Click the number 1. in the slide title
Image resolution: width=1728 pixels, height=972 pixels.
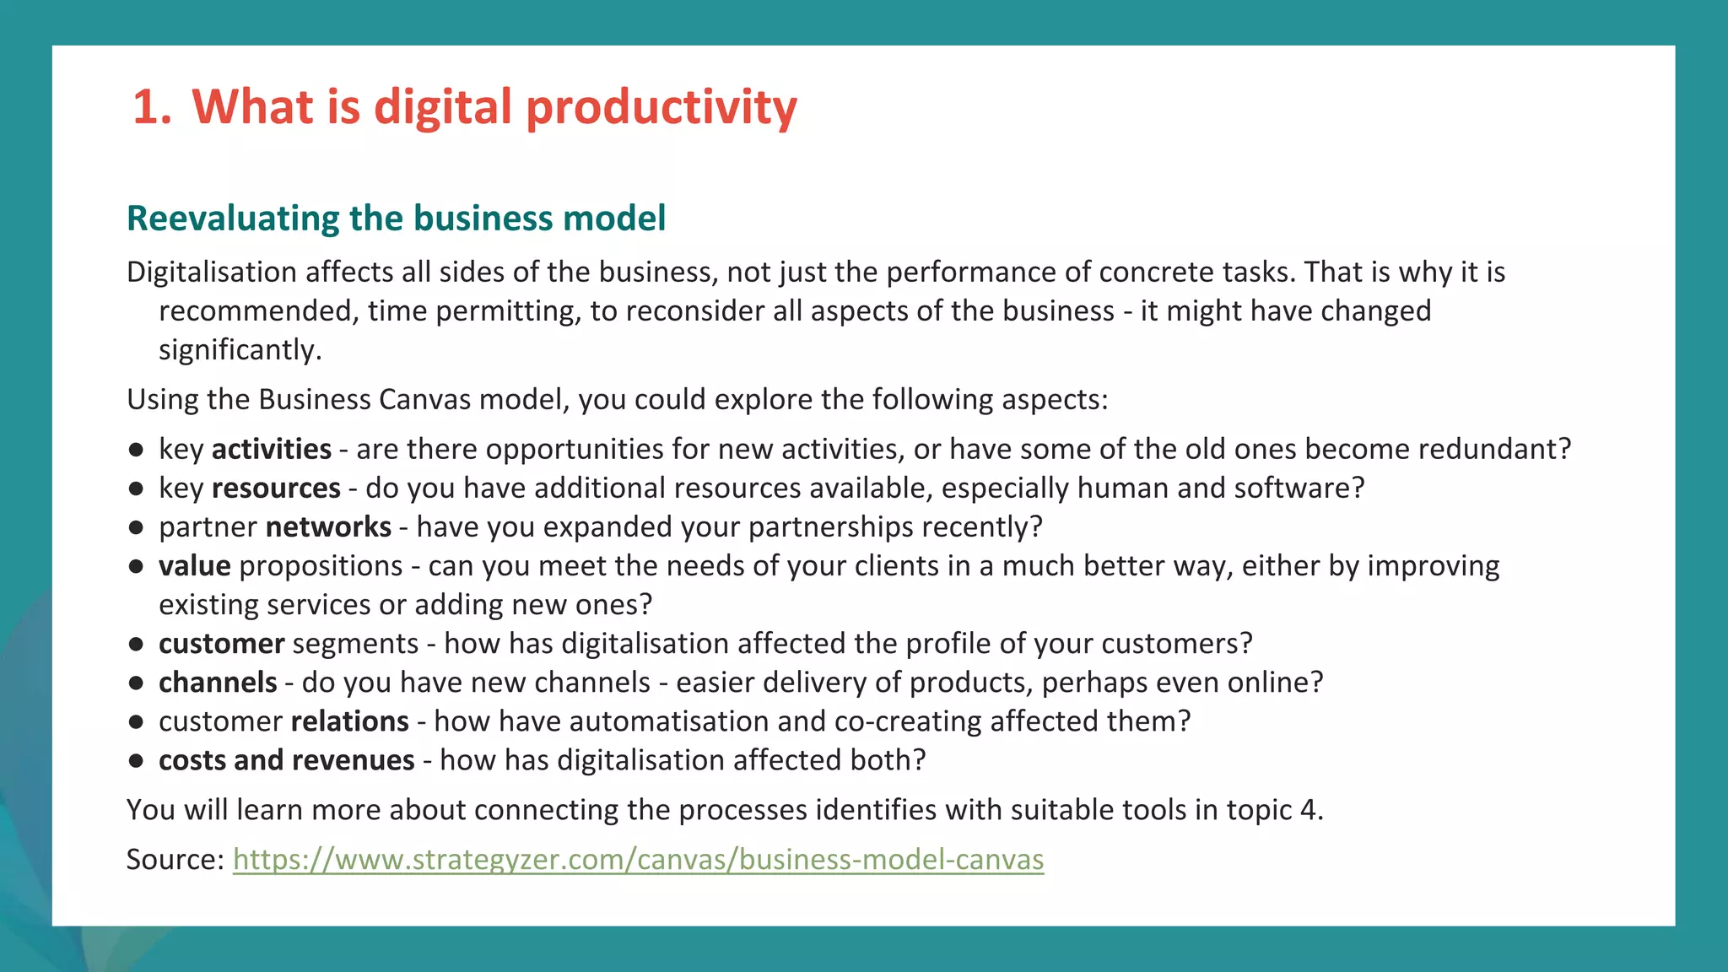[x=152, y=107]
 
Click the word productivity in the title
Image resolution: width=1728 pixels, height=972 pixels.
[x=661, y=107]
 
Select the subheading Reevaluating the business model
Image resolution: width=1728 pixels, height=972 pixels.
[x=396, y=219]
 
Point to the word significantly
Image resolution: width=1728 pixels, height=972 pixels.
[x=240, y=350]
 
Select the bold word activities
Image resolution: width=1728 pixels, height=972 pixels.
[x=271, y=449]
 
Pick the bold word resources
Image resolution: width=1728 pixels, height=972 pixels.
[x=276, y=489]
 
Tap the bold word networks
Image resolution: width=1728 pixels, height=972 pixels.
[x=328, y=527]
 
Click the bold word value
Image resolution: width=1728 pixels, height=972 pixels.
[x=194, y=566]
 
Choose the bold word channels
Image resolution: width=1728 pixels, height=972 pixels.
[x=218, y=683]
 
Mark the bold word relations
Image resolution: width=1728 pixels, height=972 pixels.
[x=349, y=721]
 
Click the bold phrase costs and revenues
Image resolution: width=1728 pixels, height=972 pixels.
[x=286, y=760]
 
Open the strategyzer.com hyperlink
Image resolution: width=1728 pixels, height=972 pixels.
[x=638, y=860]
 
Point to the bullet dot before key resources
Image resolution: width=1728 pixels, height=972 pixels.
[x=136, y=489]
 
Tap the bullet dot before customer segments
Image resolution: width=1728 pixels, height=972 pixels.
[x=136, y=645]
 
